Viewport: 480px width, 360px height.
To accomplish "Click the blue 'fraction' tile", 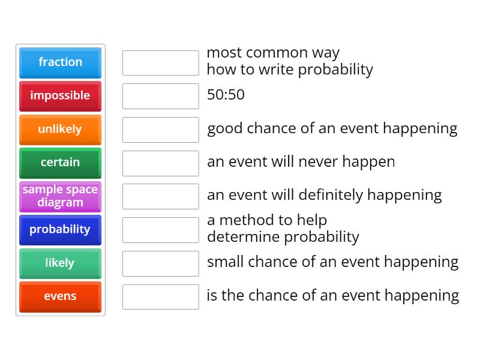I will (60, 62).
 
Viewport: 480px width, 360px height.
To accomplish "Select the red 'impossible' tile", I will (60, 96).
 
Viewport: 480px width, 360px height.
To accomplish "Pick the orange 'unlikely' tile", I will (60, 130).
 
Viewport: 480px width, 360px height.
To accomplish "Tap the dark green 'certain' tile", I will (60, 163).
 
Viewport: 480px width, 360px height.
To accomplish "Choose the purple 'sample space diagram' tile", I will (60, 196).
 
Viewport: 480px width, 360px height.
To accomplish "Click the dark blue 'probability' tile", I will (60, 230).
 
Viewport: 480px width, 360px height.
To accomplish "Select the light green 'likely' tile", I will (60, 263).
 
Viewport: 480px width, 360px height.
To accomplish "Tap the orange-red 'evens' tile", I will (60, 297).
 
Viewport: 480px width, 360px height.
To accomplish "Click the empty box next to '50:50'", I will (160, 96).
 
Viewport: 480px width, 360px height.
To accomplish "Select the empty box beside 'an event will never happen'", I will (160, 163).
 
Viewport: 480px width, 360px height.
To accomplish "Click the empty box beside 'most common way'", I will (160, 63).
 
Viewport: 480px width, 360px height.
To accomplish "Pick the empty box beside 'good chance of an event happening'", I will (160, 130).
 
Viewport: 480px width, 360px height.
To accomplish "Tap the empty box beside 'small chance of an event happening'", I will (160, 263).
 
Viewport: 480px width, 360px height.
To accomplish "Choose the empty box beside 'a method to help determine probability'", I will (160, 230).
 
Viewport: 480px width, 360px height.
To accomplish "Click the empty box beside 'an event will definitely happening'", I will (160, 196).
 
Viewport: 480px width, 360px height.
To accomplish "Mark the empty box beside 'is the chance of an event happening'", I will (160, 297).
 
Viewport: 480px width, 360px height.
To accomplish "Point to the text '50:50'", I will (226, 95).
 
